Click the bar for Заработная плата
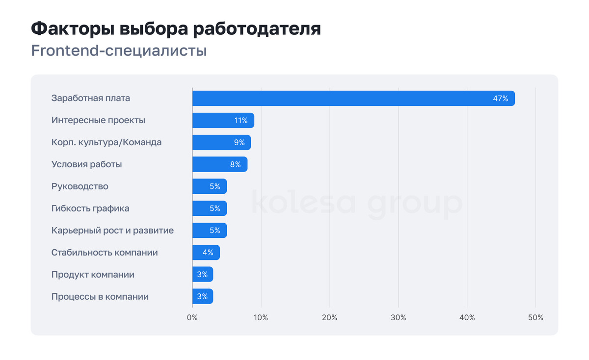pos(353,98)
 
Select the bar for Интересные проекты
pos(223,120)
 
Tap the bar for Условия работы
pos(219,164)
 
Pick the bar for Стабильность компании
pos(206,253)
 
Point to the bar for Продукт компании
pos(202,275)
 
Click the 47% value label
pos(500,99)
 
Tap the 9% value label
pos(239,143)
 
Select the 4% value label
pos(208,253)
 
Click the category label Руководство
pos(80,186)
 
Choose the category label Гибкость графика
pos(90,208)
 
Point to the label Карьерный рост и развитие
pos(112,231)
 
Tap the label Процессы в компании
pos(100,297)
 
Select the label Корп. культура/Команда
pos(107,142)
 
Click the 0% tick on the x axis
pos(192,317)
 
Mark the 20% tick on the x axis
pos(330,317)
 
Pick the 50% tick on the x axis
pos(535,317)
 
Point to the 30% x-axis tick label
pos(399,317)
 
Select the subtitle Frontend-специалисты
pos(119,51)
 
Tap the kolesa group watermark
pos(357,204)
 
